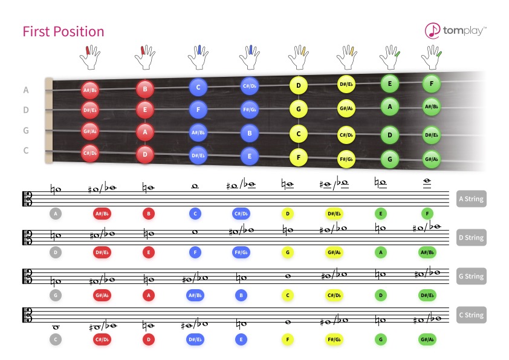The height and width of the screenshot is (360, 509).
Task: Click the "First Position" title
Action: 63,31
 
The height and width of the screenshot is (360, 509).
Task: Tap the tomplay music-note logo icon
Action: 432,30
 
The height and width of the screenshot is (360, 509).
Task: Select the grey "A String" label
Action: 471,199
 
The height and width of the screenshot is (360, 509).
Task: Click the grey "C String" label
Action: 471,315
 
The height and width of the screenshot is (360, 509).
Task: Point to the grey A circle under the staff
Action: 56,214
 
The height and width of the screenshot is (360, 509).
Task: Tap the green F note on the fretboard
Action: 432,83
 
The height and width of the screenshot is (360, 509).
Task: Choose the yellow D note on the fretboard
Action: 298,85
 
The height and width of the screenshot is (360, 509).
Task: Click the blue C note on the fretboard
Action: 198,87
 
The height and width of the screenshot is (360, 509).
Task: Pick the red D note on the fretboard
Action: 144,154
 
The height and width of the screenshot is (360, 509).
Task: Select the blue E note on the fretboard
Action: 249,156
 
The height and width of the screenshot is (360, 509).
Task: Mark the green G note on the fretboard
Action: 389,159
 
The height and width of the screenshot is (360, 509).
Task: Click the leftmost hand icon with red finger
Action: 90,57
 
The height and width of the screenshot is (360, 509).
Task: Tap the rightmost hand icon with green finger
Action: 432,57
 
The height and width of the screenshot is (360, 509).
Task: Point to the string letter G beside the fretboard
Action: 26,131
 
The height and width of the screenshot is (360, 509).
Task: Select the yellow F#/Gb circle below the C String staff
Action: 334,339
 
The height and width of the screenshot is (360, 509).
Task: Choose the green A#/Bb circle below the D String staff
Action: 427,252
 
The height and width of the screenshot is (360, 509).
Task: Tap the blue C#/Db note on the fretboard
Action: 249,86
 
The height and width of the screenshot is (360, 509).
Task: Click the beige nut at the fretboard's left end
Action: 49,120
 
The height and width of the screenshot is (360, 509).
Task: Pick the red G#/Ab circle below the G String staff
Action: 102,295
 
